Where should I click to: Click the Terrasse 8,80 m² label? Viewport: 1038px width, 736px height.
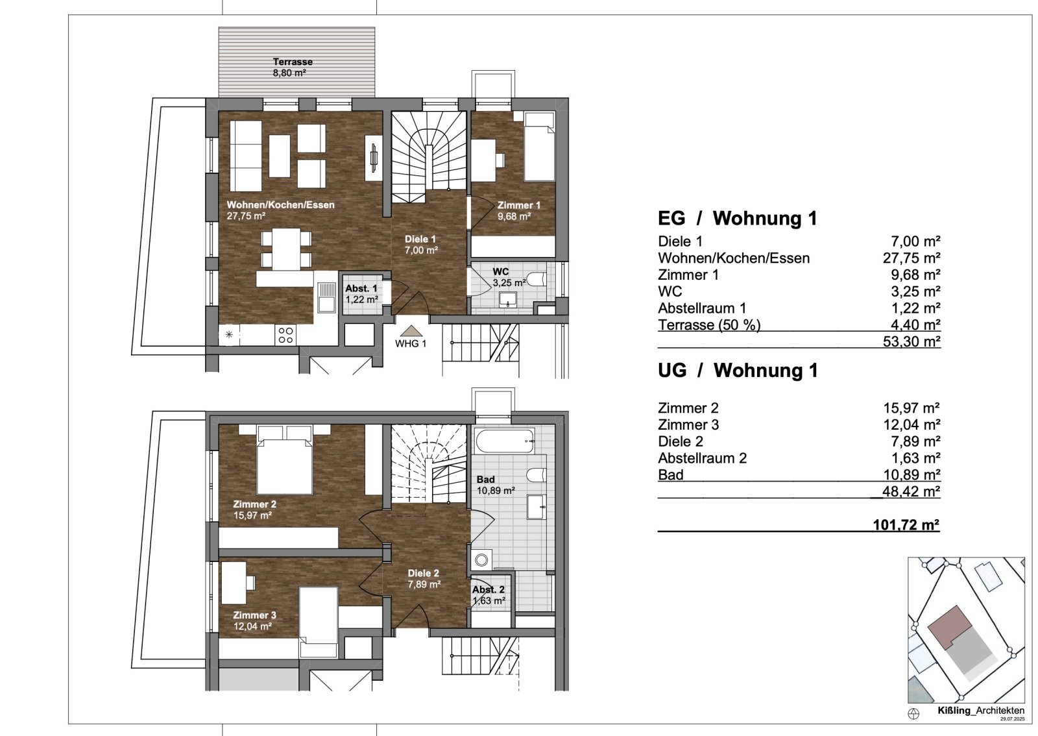coord(292,67)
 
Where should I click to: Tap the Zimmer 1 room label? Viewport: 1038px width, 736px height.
coord(518,210)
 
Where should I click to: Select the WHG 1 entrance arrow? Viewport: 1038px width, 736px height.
coord(411,331)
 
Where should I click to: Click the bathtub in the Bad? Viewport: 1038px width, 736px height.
coord(505,441)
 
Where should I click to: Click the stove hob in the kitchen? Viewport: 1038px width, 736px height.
coord(286,335)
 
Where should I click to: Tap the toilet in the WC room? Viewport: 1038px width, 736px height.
coord(535,279)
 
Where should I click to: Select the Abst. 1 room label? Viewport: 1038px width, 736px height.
coord(361,293)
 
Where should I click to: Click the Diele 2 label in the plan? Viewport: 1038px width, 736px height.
coord(424,578)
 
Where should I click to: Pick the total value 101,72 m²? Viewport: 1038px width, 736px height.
coord(906,524)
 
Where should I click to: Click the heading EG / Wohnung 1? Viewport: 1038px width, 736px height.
coord(737,218)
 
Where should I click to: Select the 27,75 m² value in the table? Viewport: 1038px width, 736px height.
coord(911,258)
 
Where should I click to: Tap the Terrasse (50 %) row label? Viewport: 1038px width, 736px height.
coord(708,325)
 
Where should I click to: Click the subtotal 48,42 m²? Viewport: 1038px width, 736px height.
coord(911,491)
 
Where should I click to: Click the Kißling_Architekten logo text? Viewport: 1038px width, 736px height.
coord(980,710)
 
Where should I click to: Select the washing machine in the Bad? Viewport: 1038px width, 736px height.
coord(481,559)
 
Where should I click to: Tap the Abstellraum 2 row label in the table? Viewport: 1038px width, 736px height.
coord(702,458)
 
